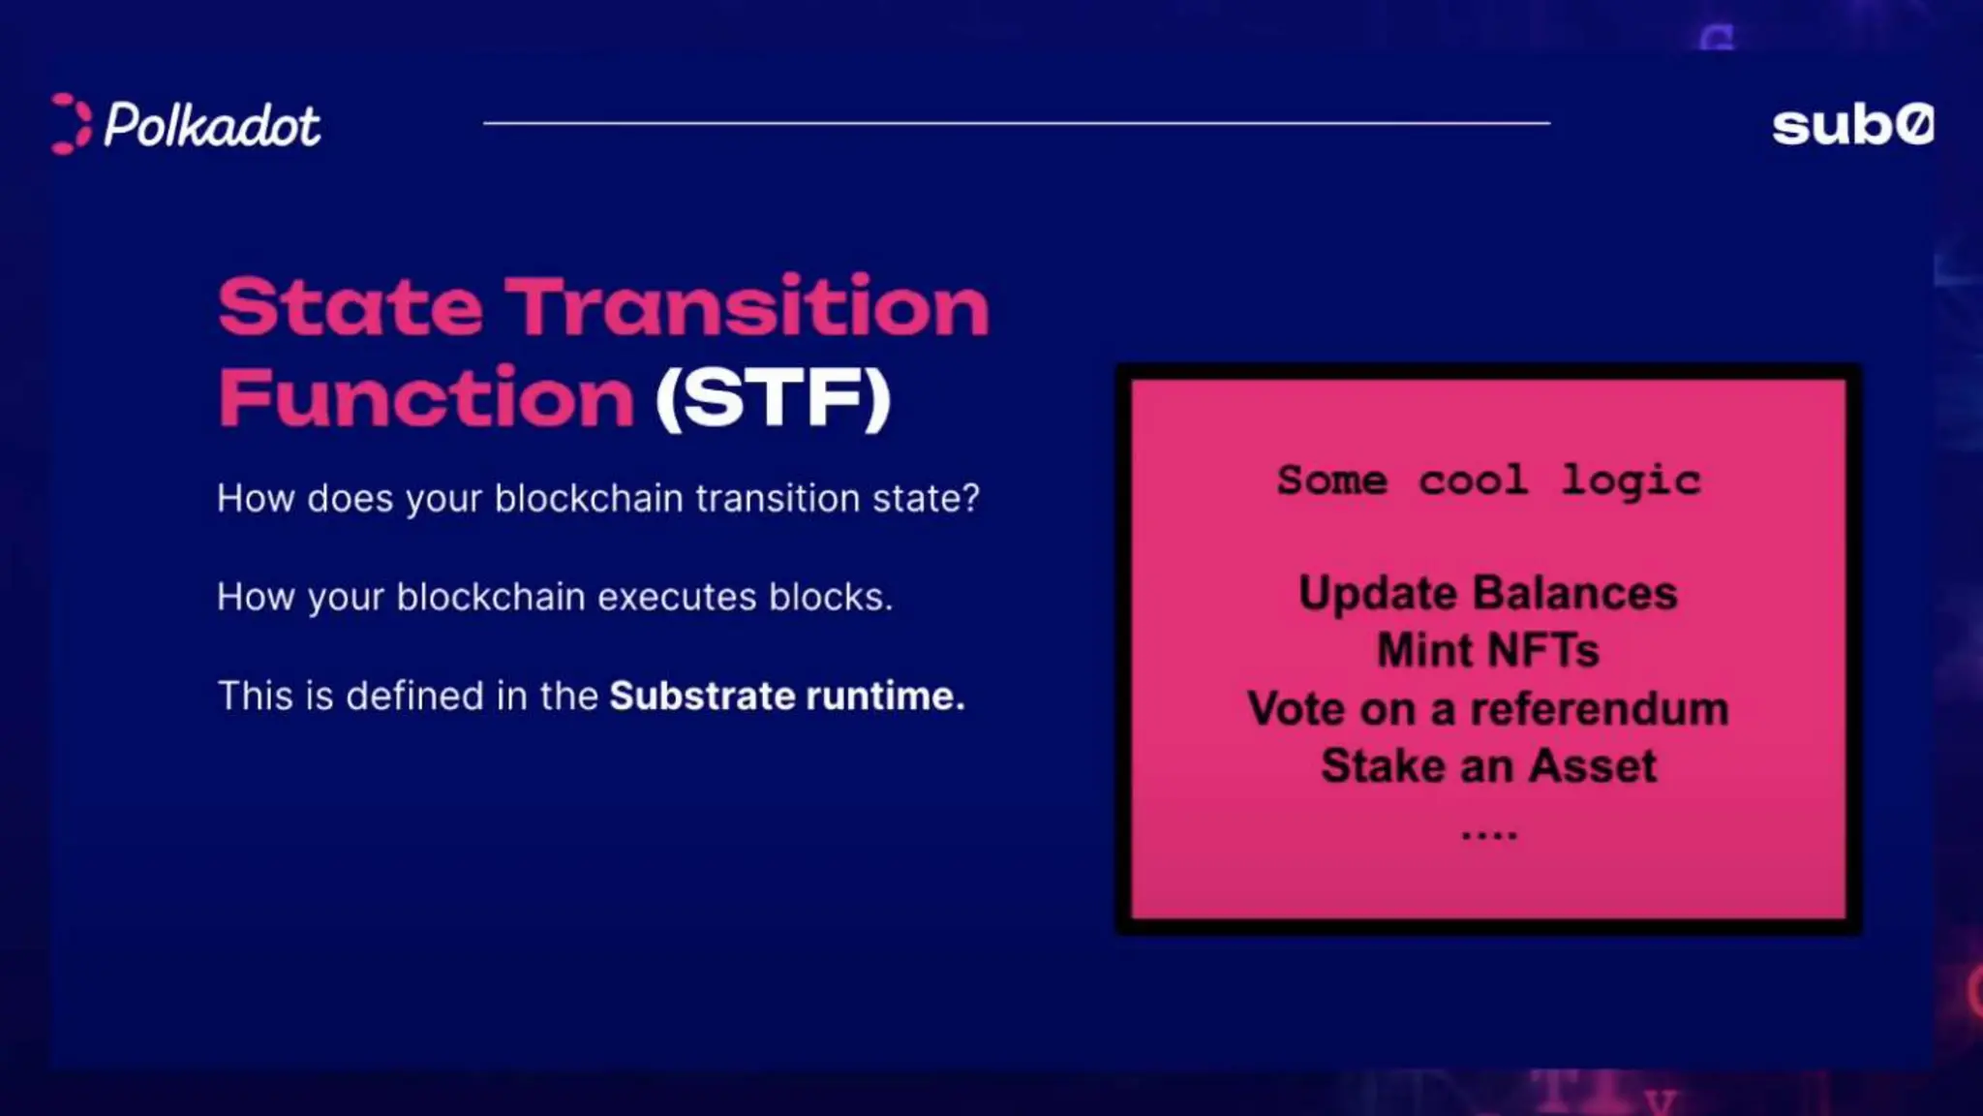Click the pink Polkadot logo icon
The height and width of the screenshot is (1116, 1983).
click(x=70, y=124)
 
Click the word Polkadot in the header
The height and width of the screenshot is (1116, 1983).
click(x=212, y=126)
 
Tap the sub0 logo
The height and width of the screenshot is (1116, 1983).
click(x=1852, y=126)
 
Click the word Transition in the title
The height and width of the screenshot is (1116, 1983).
click(x=747, y=307)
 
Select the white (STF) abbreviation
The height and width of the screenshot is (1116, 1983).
click(x=773, y=398)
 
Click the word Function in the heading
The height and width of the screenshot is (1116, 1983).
click(x=426, y=398)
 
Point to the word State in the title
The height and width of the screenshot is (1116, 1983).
click(x=351, y=307)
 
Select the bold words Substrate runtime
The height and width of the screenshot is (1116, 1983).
click(x=786, y=696)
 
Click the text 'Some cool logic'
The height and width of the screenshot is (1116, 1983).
click(x=1488, y=480)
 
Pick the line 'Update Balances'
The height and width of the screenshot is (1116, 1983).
click(x=1487, y=593)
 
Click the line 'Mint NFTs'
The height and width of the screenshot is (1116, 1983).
click(x=1487, y=650)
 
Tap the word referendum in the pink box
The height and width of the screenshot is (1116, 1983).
click(x=1599, y=708)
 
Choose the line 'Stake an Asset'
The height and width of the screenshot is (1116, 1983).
click(x=1488, y=765)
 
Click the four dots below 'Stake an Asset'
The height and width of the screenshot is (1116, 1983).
click(x=1488, y=834)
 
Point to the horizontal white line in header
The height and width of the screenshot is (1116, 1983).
click(x=1017, y=123)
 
